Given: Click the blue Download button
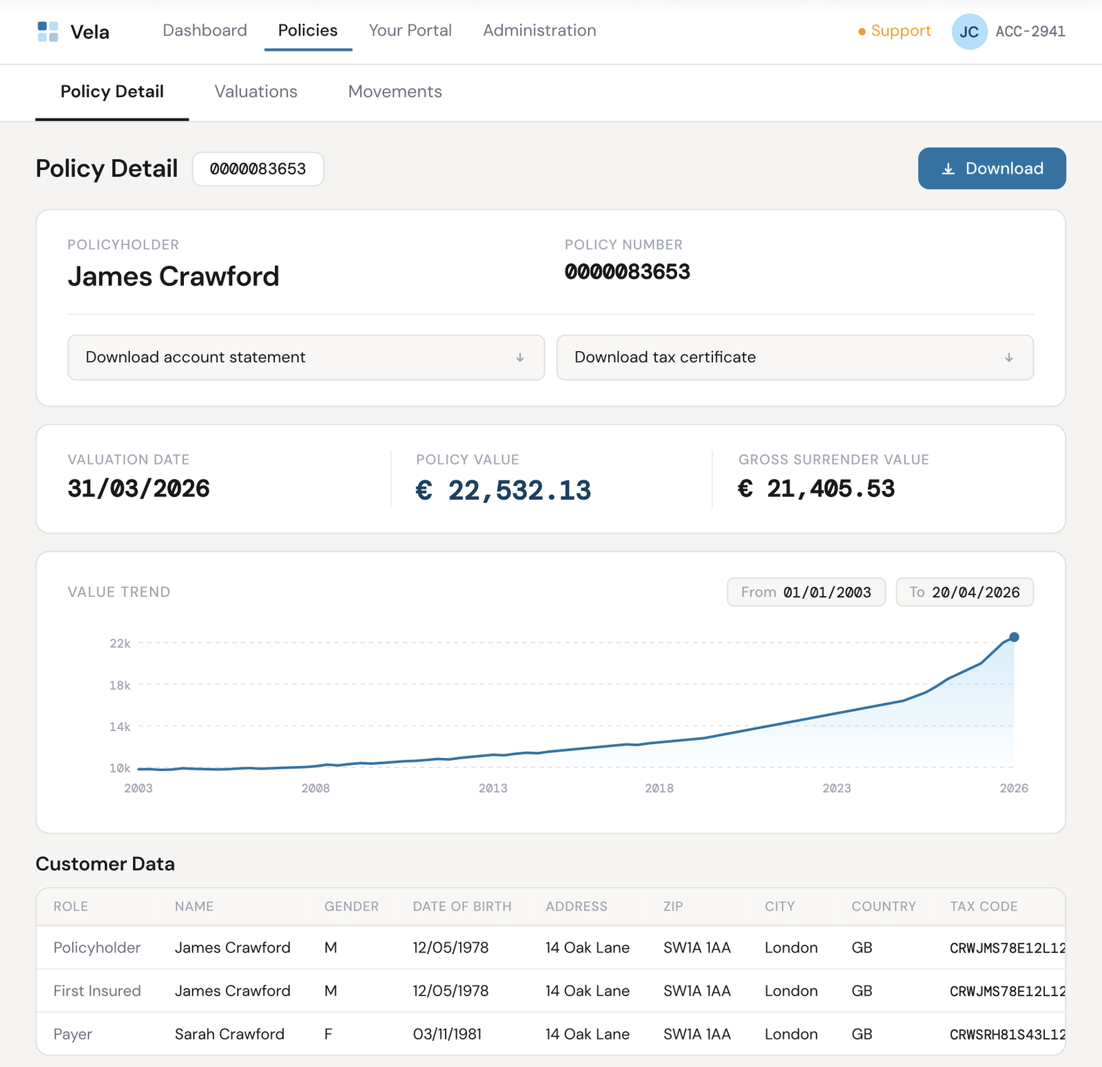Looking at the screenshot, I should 991,169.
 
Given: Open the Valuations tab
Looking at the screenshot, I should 256,92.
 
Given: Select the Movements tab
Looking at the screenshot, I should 395,92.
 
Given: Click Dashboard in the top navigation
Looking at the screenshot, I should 205,30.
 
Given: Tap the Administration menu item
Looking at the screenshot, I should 539,30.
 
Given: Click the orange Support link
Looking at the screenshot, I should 900,31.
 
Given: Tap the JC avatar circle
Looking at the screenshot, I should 969,32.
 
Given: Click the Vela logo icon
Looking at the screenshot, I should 48,32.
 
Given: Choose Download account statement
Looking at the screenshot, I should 306,357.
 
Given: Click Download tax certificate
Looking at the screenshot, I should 795,357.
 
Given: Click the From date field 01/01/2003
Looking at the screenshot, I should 806,592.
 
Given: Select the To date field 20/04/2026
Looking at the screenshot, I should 964,592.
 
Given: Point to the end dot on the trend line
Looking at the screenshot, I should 1014,637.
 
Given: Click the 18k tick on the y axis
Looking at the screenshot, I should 120,685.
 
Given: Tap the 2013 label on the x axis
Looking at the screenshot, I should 493,788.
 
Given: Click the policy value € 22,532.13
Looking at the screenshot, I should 503,490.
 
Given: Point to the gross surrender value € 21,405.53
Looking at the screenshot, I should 816,489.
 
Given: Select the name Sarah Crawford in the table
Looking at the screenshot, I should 229,1034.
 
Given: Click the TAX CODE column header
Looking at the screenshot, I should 984,907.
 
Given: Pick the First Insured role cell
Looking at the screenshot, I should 97,991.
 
